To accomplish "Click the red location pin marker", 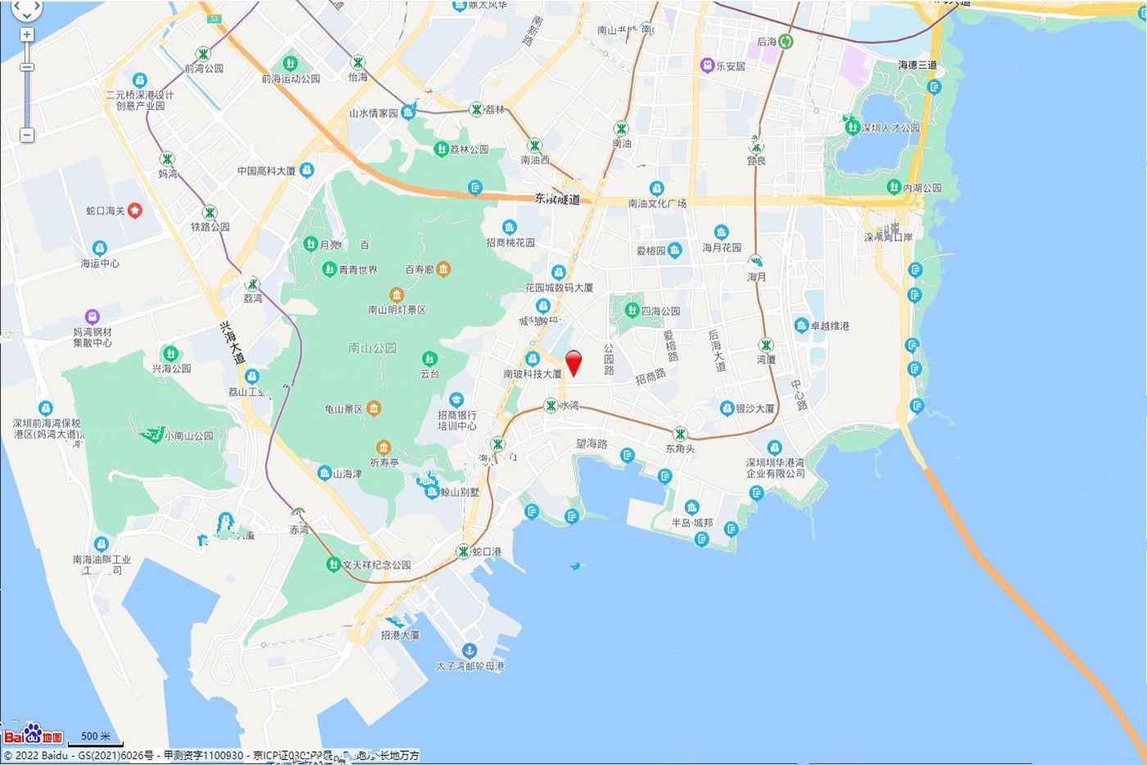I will (x=574, y=361).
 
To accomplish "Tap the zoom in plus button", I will (x=27, y=34).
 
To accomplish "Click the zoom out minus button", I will (x=27, y=134).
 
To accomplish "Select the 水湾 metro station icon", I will (x=551, y=405).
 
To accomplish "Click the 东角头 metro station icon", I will (x=680, y=434).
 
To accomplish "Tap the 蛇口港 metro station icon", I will (x=464, y=552).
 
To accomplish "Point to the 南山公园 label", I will (x=373, y=348).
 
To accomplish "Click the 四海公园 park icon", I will (x=632, y=311).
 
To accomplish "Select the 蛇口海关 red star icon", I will (x=135, y=211).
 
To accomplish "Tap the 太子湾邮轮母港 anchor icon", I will (x=469, y=650).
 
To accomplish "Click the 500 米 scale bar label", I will (x=96, y=736).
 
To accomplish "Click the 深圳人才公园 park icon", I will (x=852, y=128).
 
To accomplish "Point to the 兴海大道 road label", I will (x=233, y=343).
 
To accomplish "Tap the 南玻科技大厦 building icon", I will (x=533, y=359).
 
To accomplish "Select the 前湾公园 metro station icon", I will (x=203, y=54).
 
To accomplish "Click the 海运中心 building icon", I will (x=100, y=248).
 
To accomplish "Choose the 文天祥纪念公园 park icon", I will (x=333, y=564).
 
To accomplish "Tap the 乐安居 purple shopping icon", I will (x=707, y=66).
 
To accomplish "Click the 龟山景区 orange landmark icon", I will (x=374, y=408).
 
